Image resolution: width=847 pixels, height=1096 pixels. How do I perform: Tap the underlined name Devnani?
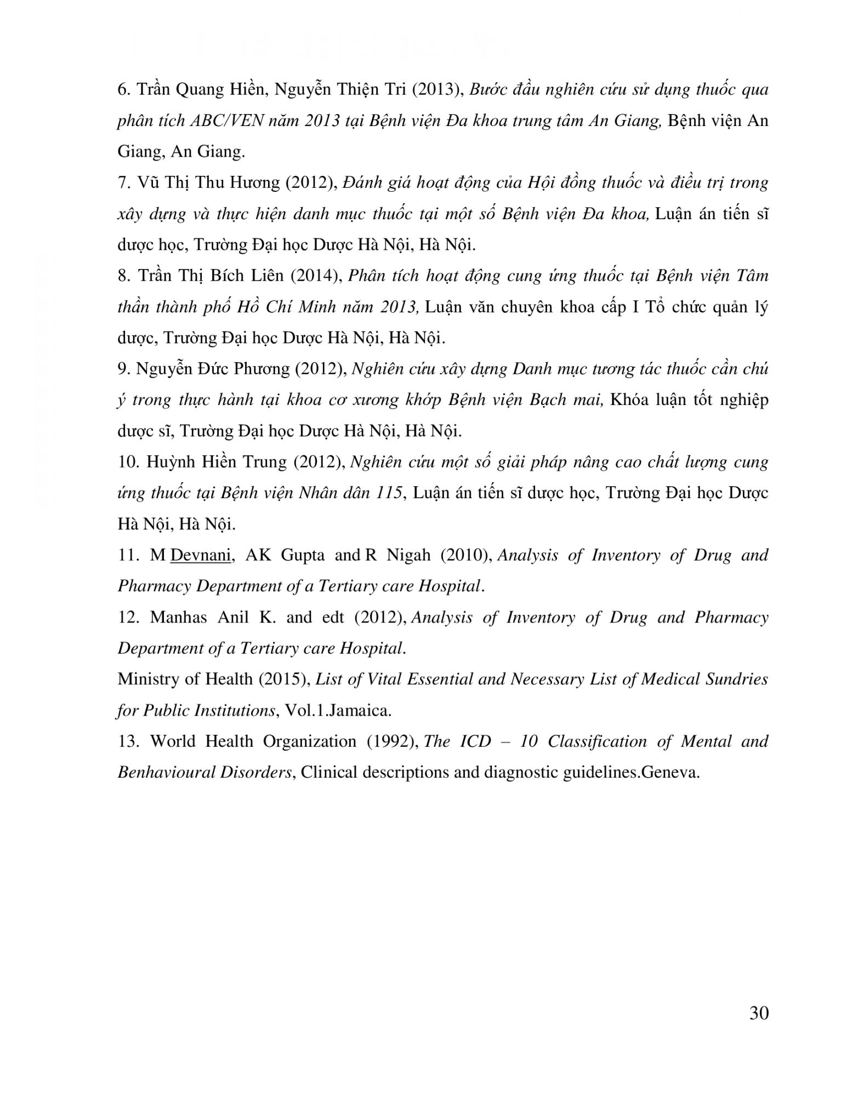click(200, 555)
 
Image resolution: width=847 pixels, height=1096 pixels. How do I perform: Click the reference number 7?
click(123, 182)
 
